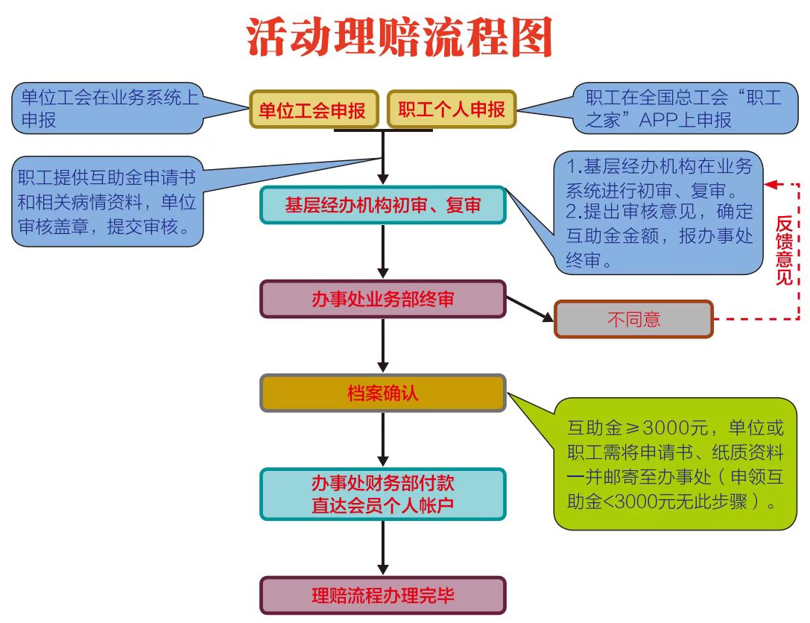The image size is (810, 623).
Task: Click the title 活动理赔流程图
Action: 400,37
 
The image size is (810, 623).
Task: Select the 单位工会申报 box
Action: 314,110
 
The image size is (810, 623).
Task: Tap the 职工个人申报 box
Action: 452,110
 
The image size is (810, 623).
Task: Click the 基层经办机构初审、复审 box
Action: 382,205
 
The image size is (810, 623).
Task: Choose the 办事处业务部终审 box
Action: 382,299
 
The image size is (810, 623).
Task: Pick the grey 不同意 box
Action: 633,319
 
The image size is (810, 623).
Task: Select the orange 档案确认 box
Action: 382,393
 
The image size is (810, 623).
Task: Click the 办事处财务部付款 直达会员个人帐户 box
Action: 382,494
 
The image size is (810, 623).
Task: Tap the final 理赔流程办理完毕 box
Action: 382,595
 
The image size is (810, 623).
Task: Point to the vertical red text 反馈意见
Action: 784,250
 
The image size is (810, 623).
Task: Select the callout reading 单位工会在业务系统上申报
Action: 108,108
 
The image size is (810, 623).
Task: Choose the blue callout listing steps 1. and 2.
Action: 659,212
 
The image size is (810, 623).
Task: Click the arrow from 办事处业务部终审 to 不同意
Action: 530,309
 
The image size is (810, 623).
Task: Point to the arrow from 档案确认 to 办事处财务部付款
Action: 383,440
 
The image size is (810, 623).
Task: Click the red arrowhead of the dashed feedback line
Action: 771,183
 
